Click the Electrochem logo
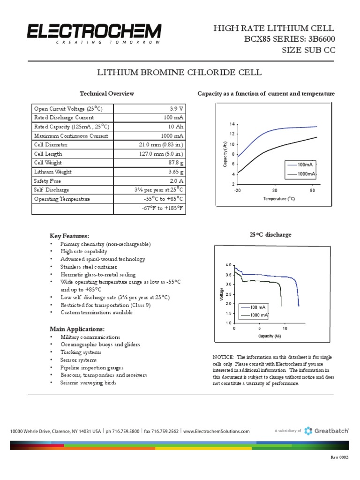click(94, 33)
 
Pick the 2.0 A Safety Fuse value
click(176, 181)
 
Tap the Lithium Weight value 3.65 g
click(175, 172)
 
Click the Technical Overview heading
click(107, 93)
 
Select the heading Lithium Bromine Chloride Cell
click(179, 72)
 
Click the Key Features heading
click(69, 236)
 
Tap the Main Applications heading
click(77, 329)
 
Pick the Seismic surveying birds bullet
click(88, 383)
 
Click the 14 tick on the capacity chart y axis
click(232, 124)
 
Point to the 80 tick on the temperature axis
click(313, 191)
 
